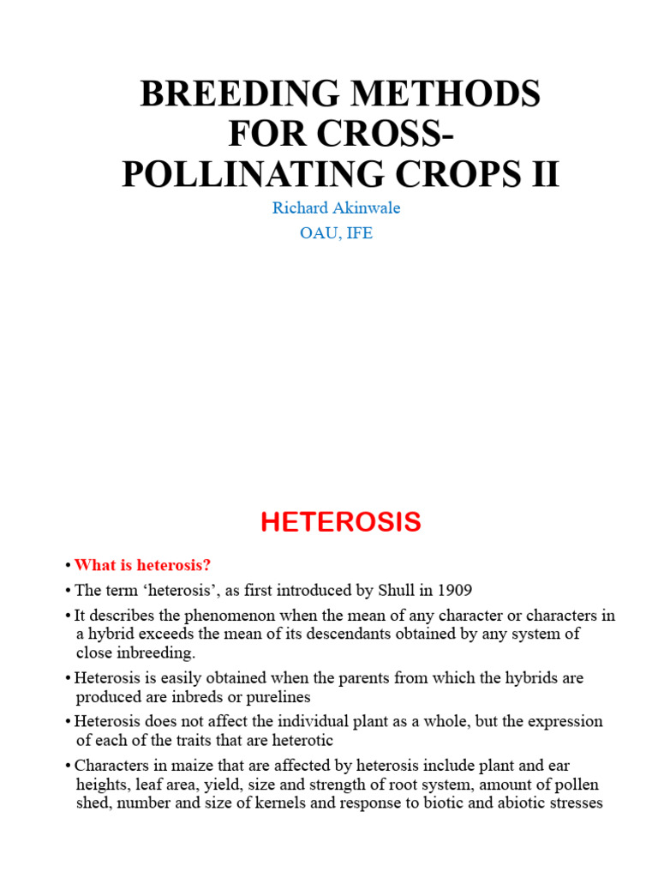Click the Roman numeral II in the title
pos(541,173)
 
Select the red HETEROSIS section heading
pos(341,522)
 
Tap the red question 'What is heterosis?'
pos(142,565)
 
